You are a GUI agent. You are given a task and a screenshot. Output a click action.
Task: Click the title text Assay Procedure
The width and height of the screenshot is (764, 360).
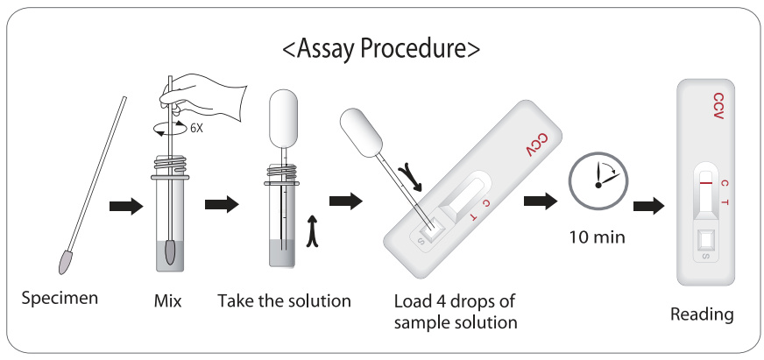(381, 50)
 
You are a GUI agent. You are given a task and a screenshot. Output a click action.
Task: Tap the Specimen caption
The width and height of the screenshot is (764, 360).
(60, 298)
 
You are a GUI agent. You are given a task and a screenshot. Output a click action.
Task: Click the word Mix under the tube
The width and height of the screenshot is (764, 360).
(167, 301)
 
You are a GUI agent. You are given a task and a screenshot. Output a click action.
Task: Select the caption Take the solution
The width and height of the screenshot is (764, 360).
(284, 300)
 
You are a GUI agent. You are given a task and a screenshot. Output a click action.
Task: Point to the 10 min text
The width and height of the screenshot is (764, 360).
(598, 237)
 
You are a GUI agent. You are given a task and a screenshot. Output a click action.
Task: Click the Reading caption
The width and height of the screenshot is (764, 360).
(702, 314)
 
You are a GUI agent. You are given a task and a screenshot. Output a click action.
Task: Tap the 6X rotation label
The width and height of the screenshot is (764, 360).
(196, 129)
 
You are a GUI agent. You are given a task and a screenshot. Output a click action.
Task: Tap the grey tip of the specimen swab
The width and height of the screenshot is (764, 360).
(65, 262)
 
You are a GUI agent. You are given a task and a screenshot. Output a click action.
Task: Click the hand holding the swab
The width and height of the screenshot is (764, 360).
(205, 96)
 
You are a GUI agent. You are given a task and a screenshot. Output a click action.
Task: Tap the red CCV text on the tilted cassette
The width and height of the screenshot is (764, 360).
(536, 145)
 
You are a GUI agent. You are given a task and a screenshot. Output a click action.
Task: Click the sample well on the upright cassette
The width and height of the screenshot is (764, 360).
(705, 241)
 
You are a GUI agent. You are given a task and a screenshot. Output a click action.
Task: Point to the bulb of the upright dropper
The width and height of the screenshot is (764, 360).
(283, 119)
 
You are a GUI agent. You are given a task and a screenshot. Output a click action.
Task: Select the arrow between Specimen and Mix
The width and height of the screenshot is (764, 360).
(126, 206)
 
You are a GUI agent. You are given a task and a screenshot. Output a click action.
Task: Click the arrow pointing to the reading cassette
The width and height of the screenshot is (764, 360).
(649, 206)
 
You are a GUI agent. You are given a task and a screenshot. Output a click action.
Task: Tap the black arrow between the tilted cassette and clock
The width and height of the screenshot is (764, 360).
(541, 201)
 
